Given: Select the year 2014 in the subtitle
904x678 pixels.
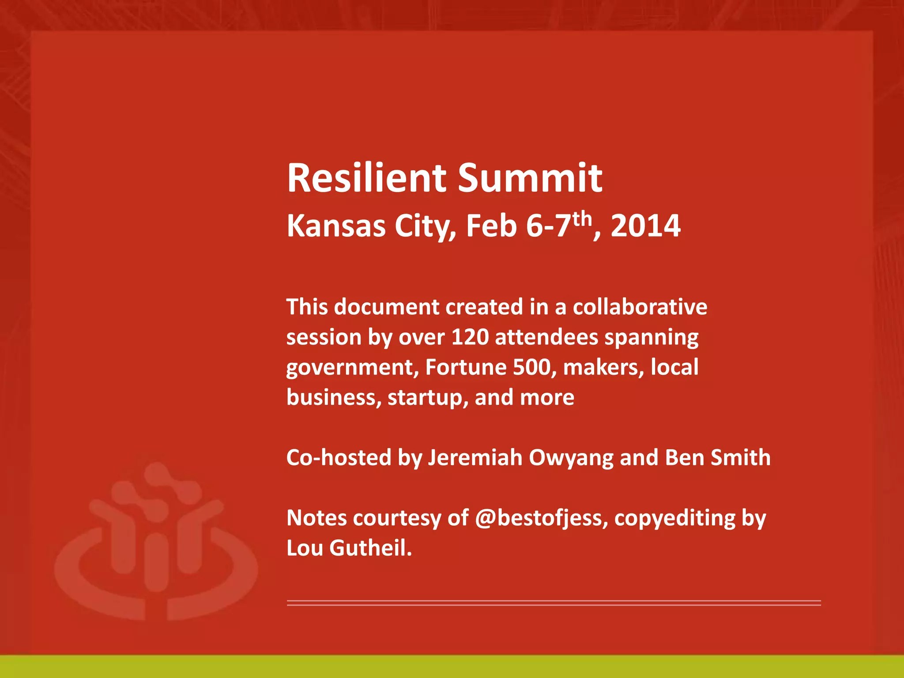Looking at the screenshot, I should pyautogui.click(x=645, y=226).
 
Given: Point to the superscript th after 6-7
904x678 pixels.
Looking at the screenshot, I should pyautogui.click(x=582, y=218).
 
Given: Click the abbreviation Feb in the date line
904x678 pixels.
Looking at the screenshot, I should pyautogui.click(x=491, y=226).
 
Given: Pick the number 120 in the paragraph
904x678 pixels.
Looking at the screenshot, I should pyautogui.click(x=470, y=337).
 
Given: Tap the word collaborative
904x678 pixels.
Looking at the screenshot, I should pyautogui.click(x=640, y=307).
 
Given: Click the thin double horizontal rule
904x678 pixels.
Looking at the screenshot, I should pyautogui.click(x=554, y=603).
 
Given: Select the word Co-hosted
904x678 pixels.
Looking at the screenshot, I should pyautogui.click(x=339, y=458).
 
